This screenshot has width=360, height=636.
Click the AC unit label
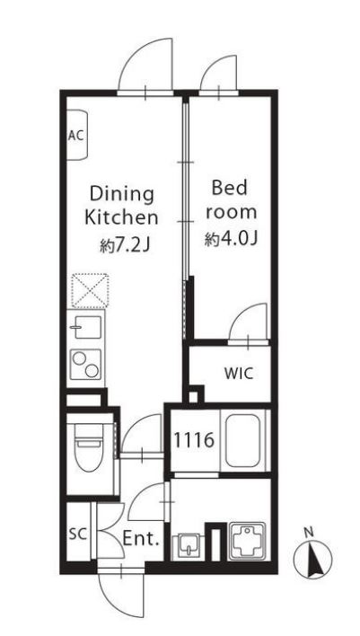tap(75, 136)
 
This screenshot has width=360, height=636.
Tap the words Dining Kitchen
tap(121, 206)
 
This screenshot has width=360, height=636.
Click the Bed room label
tap(229, 200)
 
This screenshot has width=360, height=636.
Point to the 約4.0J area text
tap(231, 240)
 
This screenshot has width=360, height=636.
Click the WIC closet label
tap(239, 373)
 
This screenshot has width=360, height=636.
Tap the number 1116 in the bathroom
tap(194, 440)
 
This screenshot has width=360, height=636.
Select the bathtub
tap(242, 440)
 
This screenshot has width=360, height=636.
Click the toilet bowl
tap(89, 447)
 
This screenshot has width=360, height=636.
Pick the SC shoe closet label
tap(77, 534)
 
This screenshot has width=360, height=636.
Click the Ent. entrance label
tap(140, 540)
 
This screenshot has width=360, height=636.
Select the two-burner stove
tap(85, 365)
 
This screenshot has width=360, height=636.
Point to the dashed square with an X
tap(90, 291)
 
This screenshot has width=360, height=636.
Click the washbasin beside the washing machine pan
tap(188, 546)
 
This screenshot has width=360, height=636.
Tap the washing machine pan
tap(246, 541)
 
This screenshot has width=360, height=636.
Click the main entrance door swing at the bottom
tap(121, 596)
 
